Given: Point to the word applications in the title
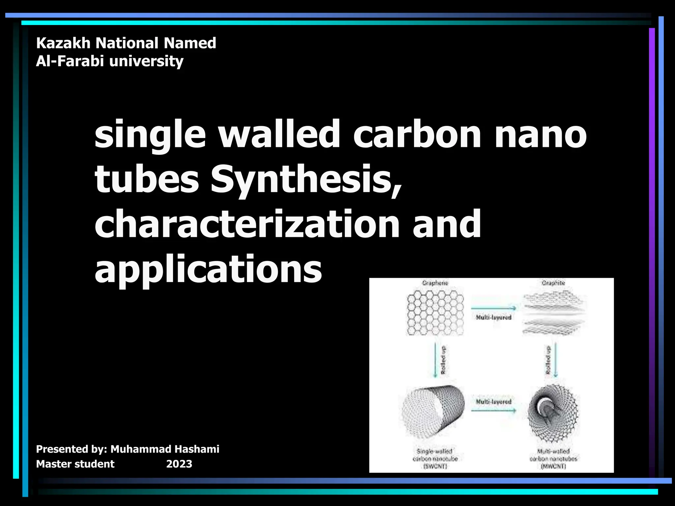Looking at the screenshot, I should [208, 269].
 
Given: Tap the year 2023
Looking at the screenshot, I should [179, 464].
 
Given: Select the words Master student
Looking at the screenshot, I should [75, 464].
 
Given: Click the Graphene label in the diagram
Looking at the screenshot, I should [435, 283].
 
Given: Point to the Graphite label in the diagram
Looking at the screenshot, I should [553, 283].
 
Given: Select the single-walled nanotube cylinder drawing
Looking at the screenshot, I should [434, 412].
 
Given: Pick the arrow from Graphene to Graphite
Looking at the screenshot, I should [493, 308].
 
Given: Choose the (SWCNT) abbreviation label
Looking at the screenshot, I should [435, 466].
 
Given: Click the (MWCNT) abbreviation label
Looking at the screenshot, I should [553, 466].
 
